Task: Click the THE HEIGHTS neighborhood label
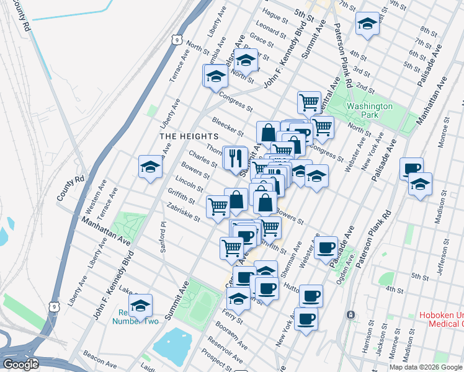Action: (189, 136)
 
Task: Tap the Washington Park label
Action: (370, 110)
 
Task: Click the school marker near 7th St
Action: (367, 24)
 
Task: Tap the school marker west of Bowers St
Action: (150, 167)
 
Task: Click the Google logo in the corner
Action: (20, 365)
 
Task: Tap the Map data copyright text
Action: (426, 367)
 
